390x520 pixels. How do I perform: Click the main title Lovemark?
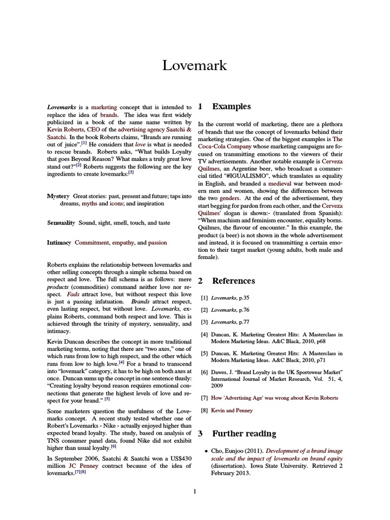point(194,66)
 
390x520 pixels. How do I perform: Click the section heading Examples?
point(231,107)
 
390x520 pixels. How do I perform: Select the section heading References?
point(234,281)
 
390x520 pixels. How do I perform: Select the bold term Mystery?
point(58,196)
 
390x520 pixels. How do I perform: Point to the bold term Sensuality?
point(61,223)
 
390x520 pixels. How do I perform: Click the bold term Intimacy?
point(59,243)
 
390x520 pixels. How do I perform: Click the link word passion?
point(157,243)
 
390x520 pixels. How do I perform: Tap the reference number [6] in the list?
point(204,372)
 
